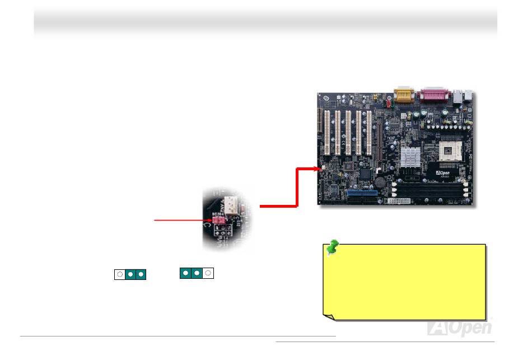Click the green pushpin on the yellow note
point(334,247)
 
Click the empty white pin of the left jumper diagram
point(119,275)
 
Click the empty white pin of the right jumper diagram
point(208,273)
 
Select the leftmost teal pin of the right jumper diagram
point(185,273)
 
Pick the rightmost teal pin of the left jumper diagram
point(141,275)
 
